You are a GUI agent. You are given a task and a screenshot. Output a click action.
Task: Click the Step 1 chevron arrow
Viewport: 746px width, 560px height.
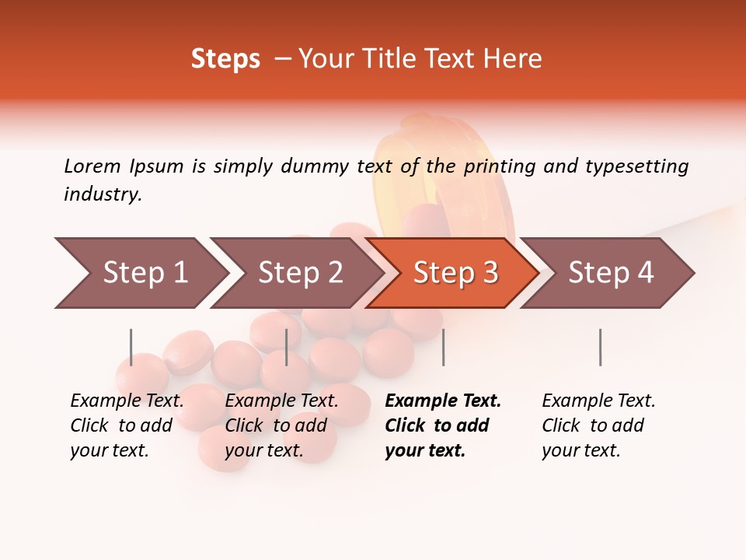[x=144, y=273]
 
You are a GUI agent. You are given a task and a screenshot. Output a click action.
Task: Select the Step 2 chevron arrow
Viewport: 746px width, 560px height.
[x=299, y=273]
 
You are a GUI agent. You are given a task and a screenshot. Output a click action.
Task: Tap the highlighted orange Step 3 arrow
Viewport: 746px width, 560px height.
[x=455, y=273]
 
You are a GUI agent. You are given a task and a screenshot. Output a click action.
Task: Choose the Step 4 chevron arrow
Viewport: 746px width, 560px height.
[x=610, y=273]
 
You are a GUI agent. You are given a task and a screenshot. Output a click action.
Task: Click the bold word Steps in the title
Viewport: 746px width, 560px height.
[x=225, y=59]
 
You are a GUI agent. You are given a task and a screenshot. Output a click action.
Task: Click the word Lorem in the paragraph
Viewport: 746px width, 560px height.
[x=92, y=166]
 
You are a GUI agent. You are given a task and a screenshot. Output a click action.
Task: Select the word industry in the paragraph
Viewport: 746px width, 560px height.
[x=103, y=194]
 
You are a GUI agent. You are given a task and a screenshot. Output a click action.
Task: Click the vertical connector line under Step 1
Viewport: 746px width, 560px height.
[x=131, y=347]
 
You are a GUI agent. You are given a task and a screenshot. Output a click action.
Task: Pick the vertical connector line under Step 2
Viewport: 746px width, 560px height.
[x=287, y=347]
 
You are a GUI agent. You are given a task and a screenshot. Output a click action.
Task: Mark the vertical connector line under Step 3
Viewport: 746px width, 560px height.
[x=443, y=347]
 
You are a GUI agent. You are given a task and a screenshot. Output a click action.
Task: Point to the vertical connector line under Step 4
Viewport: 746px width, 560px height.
[x=600, y=347]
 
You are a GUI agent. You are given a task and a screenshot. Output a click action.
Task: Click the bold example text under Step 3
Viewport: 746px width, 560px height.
[x=441, y=425]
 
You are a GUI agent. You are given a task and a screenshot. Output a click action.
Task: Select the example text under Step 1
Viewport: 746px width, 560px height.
[x=127, y=425]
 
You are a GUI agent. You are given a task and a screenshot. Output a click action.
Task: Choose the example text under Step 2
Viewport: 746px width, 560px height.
[x=281, y=425]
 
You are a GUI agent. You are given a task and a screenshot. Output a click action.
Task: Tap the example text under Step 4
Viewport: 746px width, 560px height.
[x=598, y=425]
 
